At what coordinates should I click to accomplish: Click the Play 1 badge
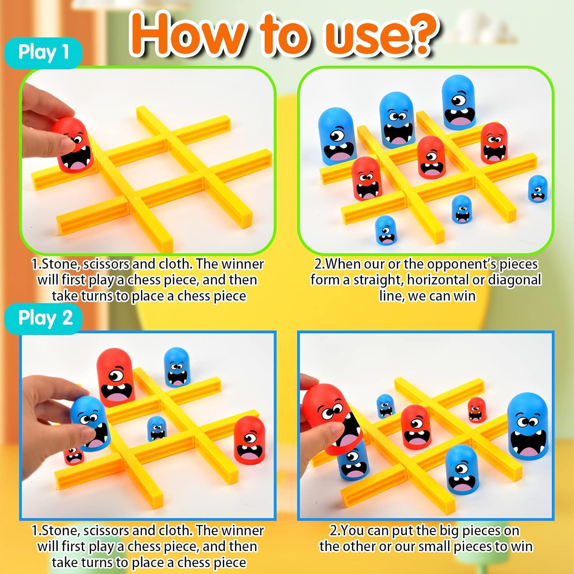click(43, 52)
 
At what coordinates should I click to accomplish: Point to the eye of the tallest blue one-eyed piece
click(458, 100)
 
